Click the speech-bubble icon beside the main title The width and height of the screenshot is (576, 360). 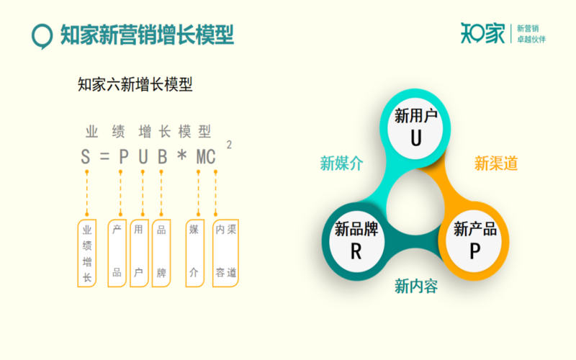(42, 35)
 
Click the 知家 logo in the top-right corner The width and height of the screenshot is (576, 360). (482, 33)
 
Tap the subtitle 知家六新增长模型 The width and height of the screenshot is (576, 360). (135, 84)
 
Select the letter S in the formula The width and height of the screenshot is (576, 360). (85, 157)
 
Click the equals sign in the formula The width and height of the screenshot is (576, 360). (104, 157)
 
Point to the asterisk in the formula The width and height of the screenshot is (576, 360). (181, 156)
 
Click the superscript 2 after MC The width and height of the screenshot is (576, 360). (229, 145)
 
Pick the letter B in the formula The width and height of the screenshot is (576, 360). (162, 157)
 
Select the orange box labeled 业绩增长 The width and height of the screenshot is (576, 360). (86, 253)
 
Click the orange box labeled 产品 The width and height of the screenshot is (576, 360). (117, 253)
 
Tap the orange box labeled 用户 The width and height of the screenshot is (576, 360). (139, 253)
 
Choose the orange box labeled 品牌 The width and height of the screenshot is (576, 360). (161, 253)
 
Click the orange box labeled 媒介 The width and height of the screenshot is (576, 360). (194, 253)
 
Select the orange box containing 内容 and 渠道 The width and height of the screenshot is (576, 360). (225, 253)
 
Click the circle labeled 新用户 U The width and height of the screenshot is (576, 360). (415, 128)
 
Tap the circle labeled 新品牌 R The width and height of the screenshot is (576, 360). (356, 241)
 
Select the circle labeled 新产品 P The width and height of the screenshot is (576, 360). (475, 241)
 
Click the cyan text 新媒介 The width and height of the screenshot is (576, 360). (341, 163)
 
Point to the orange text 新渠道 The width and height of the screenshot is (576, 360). (496, 163)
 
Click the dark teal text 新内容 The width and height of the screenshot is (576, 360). (416, 286)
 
